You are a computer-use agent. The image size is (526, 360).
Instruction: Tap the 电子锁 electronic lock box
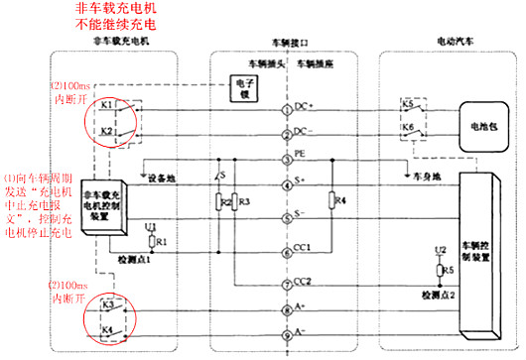[x=243, y=88]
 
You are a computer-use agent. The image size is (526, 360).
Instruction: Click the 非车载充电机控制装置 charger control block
[x=105, y=202]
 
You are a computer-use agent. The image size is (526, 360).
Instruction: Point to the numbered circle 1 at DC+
[x=286, y=106]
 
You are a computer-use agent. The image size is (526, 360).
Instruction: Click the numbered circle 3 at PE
[x=286, y=157]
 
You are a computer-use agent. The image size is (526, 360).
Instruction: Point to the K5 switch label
[x=408, y=102]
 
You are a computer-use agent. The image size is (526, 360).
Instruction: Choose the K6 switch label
[x=408, y=128]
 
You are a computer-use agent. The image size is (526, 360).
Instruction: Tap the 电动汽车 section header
[x=456, y=44]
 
